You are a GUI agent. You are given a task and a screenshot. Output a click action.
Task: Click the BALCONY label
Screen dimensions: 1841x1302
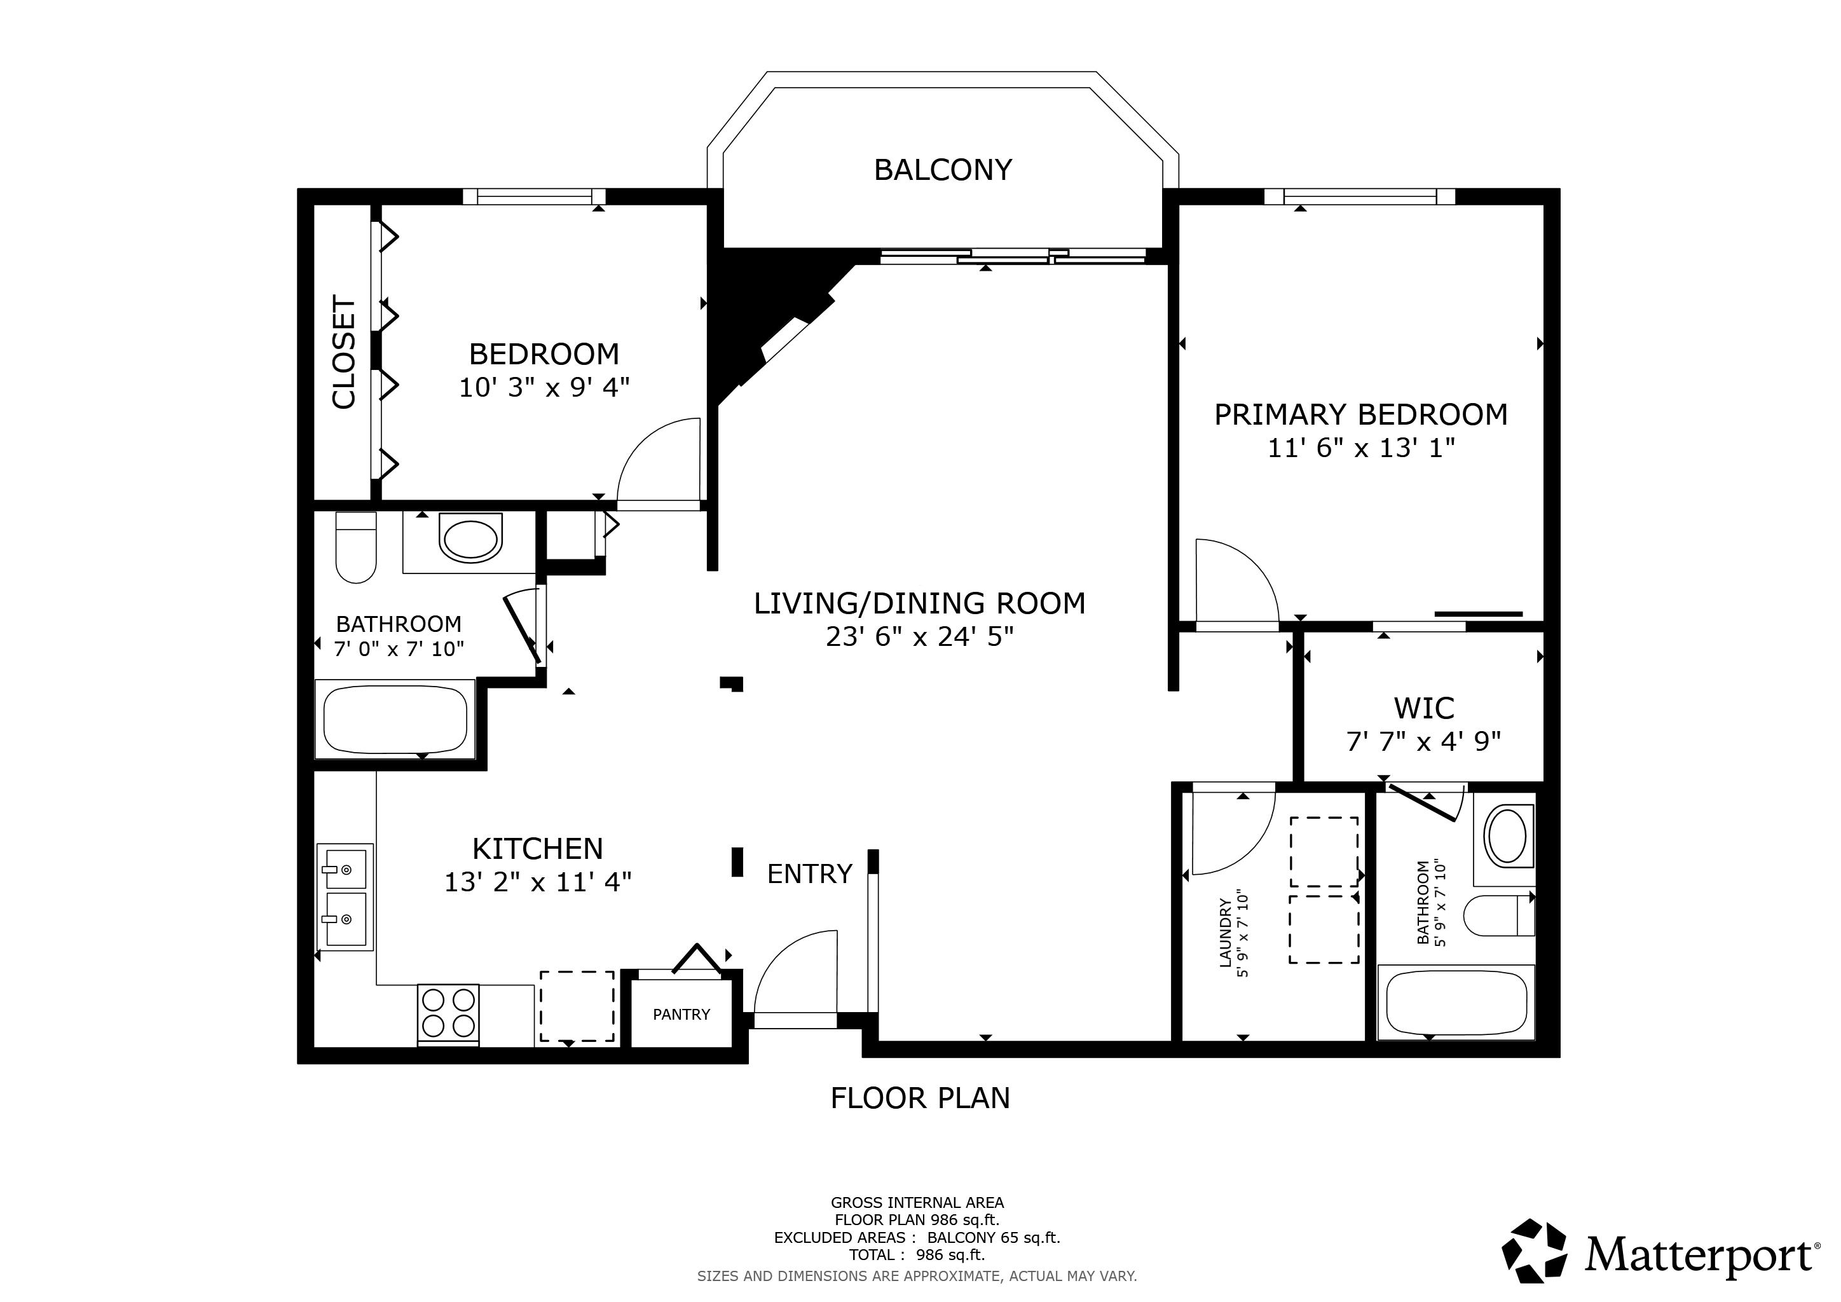(x=942, y=170)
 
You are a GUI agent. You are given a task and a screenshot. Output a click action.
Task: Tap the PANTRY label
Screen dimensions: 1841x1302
(x=681, y=1014)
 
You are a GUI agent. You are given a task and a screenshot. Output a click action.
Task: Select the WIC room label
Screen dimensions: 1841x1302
(x=1423, y=708)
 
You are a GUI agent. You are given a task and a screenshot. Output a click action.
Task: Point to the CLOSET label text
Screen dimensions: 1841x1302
(x=344, y=352)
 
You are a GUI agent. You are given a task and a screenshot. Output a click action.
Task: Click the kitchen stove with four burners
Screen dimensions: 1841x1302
(x=448, y=1014)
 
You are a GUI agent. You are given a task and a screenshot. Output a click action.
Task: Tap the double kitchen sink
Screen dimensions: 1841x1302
(x=345, y=896)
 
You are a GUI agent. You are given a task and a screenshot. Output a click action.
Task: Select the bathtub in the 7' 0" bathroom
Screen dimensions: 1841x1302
(x=395, y=718)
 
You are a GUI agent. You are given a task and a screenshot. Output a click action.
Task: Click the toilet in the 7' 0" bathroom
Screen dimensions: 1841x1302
(x=356, y=547)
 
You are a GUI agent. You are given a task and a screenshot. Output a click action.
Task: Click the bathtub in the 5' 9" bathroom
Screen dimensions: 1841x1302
(x=1455, y=1002)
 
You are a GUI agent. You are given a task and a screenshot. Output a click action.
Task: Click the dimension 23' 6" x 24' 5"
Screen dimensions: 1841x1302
(x=920, y=636)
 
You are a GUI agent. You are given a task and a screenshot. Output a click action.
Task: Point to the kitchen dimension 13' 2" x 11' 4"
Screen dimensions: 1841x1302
(x=538, y=882)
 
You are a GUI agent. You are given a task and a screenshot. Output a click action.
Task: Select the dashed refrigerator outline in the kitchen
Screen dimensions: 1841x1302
(x=577, y=1006)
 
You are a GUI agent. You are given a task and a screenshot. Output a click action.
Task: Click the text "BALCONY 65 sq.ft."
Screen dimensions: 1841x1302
(x=994, y=1238)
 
